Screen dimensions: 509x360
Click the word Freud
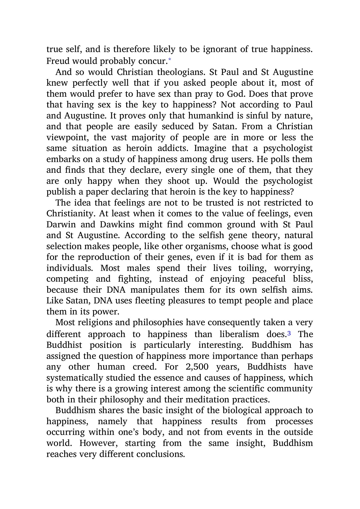tap(58, 61)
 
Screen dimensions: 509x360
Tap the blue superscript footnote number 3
tap(289, 333)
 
